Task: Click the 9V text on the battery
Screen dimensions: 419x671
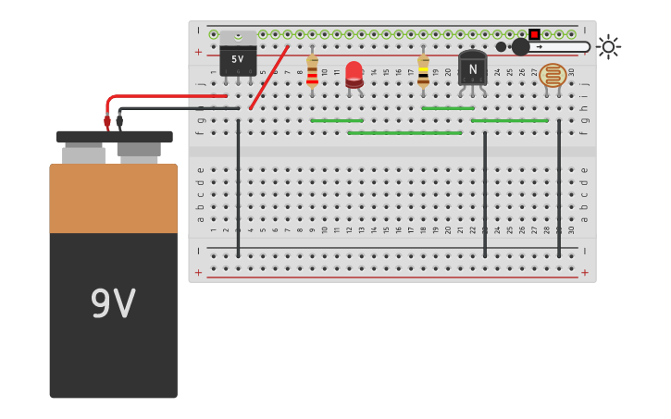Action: [113, 303]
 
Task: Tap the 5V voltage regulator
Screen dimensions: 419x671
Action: [238, 55]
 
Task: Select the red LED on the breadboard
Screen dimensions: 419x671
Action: [354, 73]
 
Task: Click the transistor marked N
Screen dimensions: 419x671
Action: [472, 68]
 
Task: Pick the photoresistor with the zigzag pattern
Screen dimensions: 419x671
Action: [553, 75]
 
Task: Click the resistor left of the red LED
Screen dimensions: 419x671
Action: [312, 71]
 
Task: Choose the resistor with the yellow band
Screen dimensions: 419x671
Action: [423, 71]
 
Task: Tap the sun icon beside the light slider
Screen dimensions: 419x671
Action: [608, 46]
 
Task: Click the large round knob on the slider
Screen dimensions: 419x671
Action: [520, 46]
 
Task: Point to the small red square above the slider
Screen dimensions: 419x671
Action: [534, 34]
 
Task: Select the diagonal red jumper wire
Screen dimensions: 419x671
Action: [269, 78]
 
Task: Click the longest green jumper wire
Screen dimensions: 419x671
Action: [404, 132]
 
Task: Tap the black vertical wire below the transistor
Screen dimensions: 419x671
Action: [484, 194]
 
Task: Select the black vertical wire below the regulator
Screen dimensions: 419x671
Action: [238, 185]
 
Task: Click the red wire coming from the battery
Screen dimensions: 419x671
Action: [167, 95]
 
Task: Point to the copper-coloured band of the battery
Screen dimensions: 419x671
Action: [113, 198]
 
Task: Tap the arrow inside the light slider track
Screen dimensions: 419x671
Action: [540, 46]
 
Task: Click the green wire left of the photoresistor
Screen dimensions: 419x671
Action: [509, 120]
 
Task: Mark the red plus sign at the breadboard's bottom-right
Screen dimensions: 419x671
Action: [584, 272]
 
